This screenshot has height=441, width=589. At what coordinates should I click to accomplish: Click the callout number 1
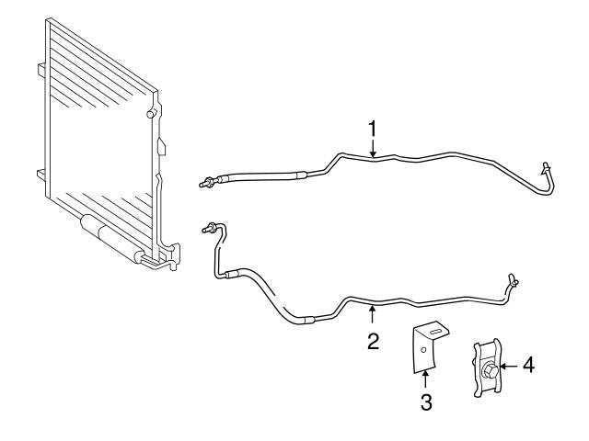click(x=372, y=129)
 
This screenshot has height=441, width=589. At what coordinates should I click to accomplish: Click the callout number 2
click(x=373, y=341)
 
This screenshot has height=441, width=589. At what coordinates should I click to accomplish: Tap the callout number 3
click(x=426, y=402)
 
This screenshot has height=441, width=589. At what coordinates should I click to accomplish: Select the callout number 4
click(x=528, y=366)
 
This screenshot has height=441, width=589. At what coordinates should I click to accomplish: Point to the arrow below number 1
click(x=372, y=148)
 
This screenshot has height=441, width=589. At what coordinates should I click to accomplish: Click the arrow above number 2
click(x=372, y=314)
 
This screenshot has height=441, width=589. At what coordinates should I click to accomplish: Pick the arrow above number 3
click(x=425, y=379)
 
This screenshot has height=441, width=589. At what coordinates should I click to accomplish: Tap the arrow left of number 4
click(x=509, y=367)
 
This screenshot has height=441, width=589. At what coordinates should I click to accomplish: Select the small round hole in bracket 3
click(x=423, y=350)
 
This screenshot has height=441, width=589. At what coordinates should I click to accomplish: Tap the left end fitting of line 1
click(x=206, y=183)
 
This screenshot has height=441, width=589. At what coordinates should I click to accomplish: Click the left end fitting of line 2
click(x=209, y=227)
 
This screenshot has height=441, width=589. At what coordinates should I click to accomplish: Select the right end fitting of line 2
click(x=514, y=279)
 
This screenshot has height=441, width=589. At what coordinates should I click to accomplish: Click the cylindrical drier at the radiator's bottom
click(x=113, y=238)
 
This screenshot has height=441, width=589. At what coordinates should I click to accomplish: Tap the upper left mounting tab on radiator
click(x=41, y=70)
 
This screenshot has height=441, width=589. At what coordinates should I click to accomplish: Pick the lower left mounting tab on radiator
click(x=41, y=174)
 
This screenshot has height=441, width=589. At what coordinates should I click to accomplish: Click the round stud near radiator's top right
click(x=151, y=114)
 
